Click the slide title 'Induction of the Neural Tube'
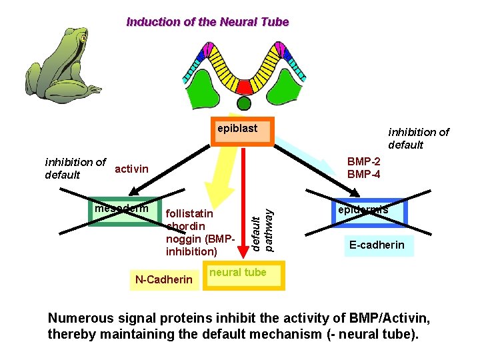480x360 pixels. click(207, 22)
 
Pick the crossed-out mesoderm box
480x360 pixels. click(125, 211)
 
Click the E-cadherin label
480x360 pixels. click(377, 245)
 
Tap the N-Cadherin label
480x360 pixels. click(164, 279)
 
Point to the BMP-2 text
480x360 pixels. click(364, 162)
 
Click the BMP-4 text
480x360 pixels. click(364, 175)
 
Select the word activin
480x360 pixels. click(132, 169)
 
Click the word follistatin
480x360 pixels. click(189, 214)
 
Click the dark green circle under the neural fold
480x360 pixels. click(245, 103)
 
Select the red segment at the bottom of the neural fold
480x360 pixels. click(245, 87)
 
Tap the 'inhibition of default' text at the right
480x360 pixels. click(418, 138)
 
